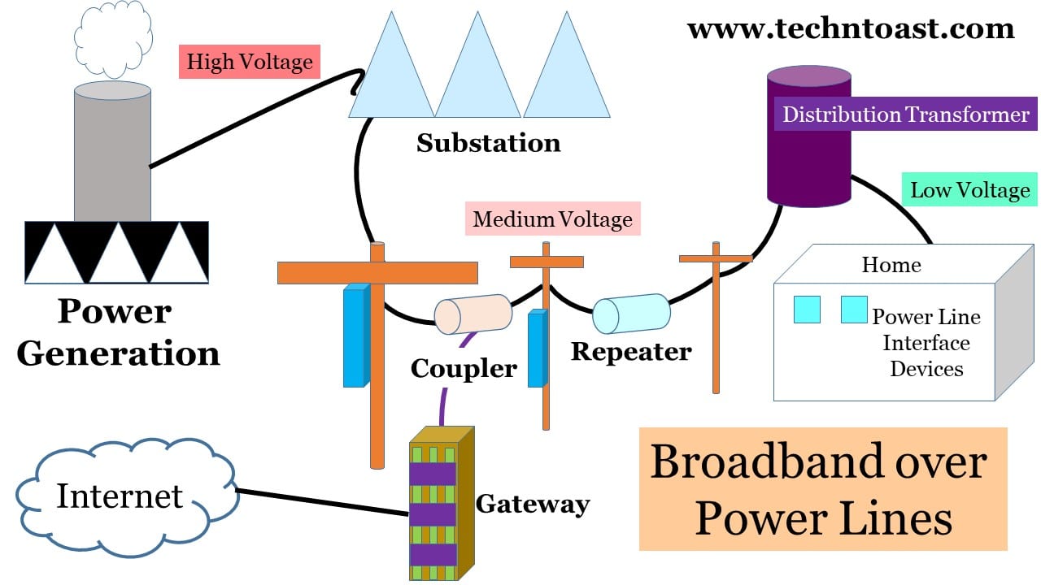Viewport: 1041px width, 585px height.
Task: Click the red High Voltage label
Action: tap(250, 62)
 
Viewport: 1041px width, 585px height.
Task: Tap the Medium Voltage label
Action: tap(552, 219)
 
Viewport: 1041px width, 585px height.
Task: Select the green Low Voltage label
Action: tap(969, 191)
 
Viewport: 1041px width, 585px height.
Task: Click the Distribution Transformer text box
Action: tap(905, 115)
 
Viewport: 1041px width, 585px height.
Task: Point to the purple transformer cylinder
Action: tap(809, 162)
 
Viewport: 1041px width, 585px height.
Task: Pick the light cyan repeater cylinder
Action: tap(631, 314)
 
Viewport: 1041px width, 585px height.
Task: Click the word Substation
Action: tap(488, 144)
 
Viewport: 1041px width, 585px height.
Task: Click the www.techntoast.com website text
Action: tap(851, 29)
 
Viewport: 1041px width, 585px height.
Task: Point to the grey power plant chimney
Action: tap(112, 154)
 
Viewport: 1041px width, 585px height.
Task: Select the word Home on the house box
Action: tap(891, 265)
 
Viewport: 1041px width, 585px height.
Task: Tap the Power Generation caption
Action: tap(118, 332)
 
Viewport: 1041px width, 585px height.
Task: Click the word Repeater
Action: tap(631, 352)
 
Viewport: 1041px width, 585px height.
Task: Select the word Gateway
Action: tap(533, 504)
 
